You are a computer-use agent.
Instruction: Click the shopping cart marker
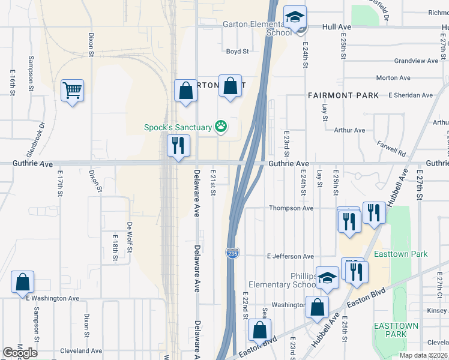(x=72, y=91)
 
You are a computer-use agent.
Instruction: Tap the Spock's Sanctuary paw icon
(x=221, y=126)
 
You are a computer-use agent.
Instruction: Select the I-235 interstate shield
(x=231, y=254)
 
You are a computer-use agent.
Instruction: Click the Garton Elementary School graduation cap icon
(x=295, y=17)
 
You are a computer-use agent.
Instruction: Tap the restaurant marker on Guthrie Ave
(x=178, y=146)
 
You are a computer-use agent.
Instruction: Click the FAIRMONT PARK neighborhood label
(x=343, y=95)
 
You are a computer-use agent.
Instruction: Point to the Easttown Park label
(x=400, y=254)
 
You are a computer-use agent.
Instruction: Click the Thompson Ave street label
(x=291, y=208)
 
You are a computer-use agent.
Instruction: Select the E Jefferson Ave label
(x=291, y=256)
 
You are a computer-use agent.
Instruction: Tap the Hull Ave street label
(x=336, y=27)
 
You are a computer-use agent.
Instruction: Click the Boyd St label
(x=237, y=52)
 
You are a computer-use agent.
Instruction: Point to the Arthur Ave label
(x=349, y=130)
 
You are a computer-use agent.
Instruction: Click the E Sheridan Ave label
(x=411, y=95)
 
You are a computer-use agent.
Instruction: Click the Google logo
(x=20, y=353)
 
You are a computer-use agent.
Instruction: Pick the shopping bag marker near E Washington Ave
(x=22, y=282)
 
